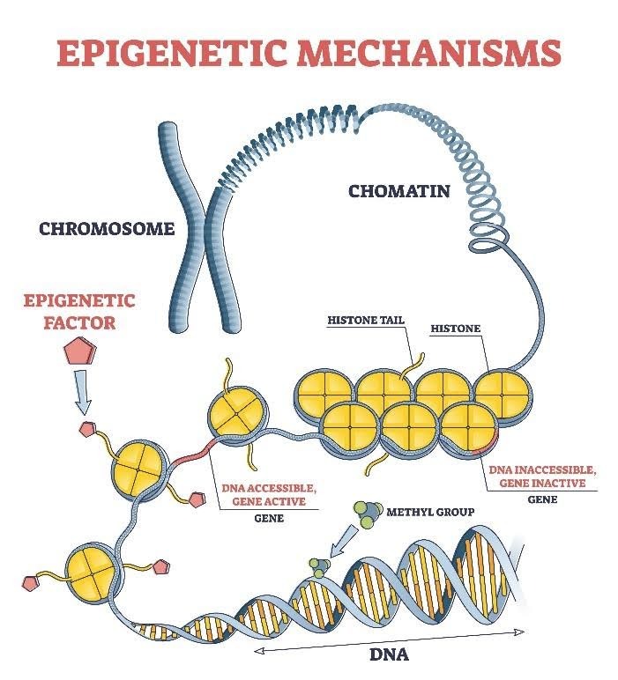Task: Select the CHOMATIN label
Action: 399,190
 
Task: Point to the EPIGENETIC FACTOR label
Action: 80,312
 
